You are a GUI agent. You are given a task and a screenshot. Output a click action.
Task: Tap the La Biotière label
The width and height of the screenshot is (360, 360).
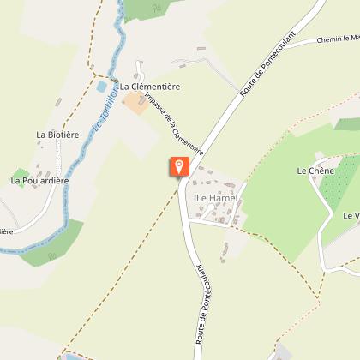[57, 135]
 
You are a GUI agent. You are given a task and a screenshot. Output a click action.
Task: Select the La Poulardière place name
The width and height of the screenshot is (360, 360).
[39, 181]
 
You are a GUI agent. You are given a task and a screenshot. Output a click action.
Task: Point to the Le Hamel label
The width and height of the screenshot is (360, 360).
[216, 198]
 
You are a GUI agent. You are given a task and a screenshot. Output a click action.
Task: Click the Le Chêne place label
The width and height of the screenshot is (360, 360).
[314, 171]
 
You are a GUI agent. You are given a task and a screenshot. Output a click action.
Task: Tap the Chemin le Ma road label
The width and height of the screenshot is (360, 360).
[337, 39]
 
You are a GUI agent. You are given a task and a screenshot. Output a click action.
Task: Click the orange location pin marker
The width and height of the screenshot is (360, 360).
[179, 166]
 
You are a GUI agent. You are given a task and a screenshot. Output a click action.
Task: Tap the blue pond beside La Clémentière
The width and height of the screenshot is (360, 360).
[102, 87]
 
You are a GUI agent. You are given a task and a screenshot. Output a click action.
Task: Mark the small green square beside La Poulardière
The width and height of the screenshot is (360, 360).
[20, 174]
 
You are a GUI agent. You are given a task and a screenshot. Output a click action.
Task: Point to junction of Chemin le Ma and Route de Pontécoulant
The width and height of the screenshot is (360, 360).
[280, 47]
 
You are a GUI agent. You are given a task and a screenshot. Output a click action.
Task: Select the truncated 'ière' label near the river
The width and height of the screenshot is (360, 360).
[6, 231]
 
